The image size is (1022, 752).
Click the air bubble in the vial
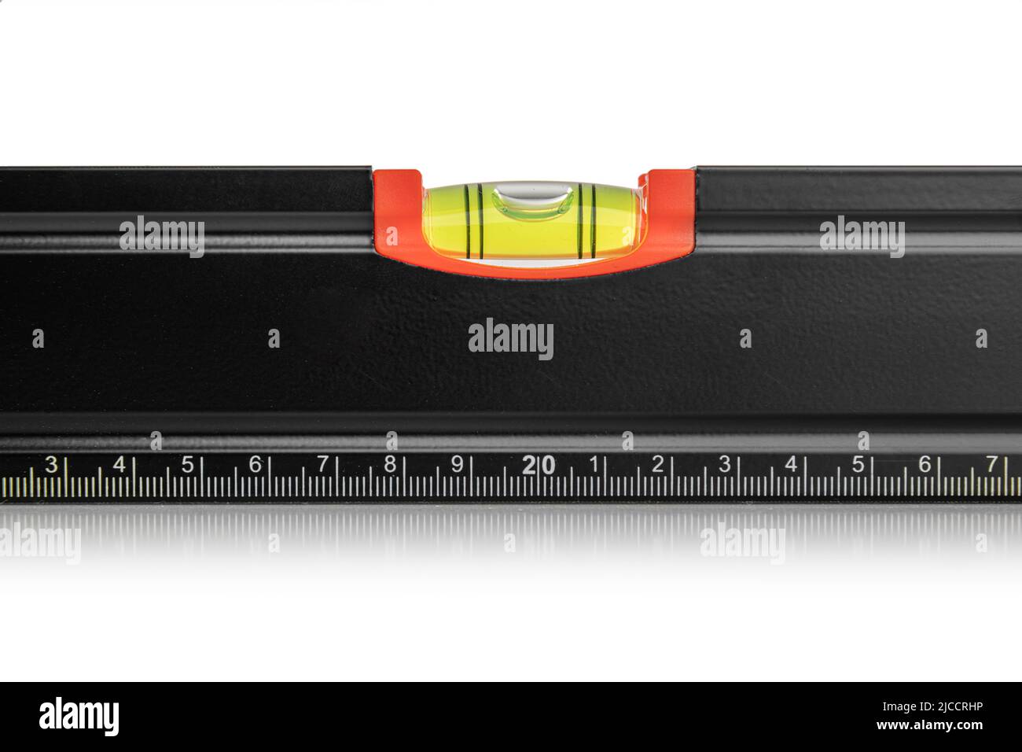pyautogui.click(x=532, y=201)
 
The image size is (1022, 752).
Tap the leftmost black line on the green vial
pyautogui.click(x=466, y=222)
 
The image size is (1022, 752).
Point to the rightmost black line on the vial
pyautogui.click(x=594, y=220)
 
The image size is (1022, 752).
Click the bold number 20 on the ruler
pyautogui.click(x=539, y=465)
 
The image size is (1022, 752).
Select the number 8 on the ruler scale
pyautogui.click(x=390, y=464)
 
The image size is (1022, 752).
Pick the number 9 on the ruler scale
pyautogui.click(x=458, y=464)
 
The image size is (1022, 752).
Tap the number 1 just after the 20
pyautogui.click(x=594, y=464)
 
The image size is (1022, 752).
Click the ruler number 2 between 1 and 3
pyautogui.click(x=658, y=464)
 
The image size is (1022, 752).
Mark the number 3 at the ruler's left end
pyautogui.click(x=52, y=464)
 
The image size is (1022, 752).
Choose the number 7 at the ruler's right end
pyautogui.click(x=992, y=464)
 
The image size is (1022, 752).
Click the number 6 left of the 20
pyautogui.click(x=255, y=464)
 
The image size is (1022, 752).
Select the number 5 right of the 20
pyautogui.click(x=858, y=464)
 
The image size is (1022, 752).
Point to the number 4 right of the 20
pyautogui.click(x=791, y=464)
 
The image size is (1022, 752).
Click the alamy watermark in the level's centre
pyautogui.click(x=511, y=339)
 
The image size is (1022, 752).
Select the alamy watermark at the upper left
pyautogui.click(x=162, y=237)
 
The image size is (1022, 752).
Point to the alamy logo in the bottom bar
pyautogui.click(x=79, y=717)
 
